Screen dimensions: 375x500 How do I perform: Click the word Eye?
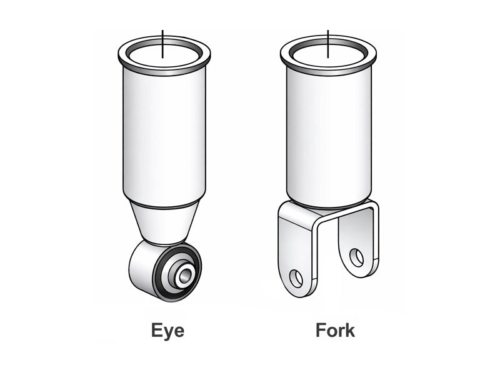click(167, 330)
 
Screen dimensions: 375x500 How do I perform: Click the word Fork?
click(335, 330)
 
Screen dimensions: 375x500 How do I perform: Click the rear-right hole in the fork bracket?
click(356, 256)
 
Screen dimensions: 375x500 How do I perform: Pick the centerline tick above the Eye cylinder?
click(162, 37)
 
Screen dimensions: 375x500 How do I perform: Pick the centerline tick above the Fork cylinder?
click(327, 37)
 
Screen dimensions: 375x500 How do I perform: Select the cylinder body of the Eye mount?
click(164, 137)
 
